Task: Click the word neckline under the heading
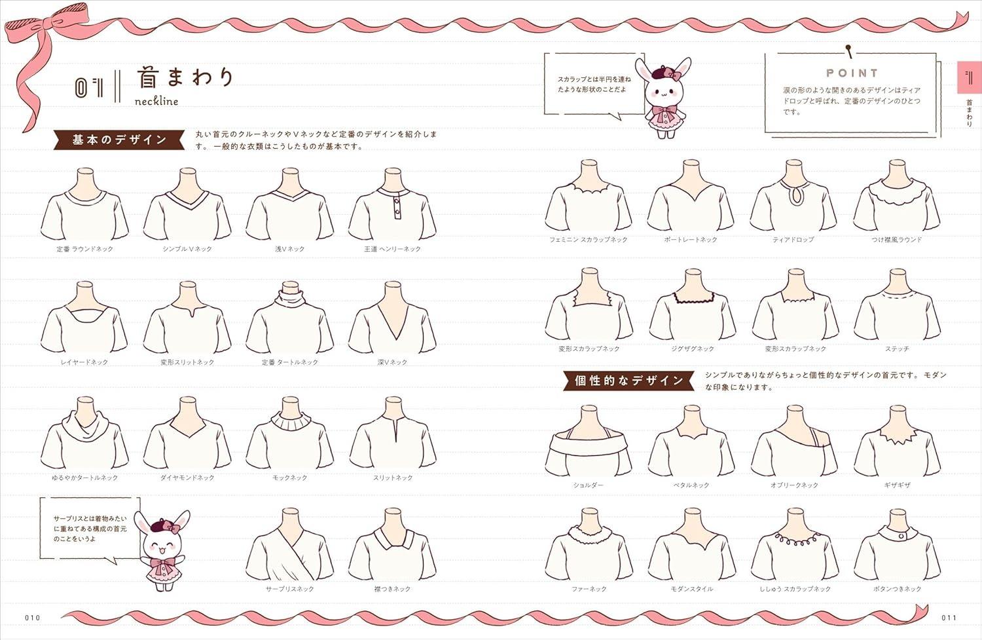pos(156,101)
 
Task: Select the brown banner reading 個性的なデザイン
pos(628,381)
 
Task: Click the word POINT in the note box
pos(852,73)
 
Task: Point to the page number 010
pos(33,618)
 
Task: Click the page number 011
pos(949,618)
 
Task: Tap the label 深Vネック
pos(392,362)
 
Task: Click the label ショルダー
pos(588,485)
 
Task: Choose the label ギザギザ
pos(897,485)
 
